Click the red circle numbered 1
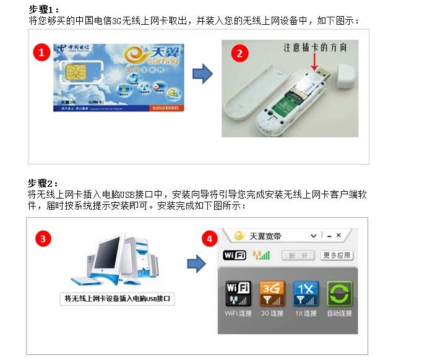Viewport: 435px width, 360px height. (41, 53)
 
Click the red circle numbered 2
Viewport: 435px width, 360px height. (239, 53)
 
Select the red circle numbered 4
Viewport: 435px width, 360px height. (211, 238)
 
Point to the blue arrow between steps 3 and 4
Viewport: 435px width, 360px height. (196, 264)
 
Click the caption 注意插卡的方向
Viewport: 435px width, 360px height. (315, 46)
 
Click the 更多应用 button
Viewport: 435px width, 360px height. (337, 255)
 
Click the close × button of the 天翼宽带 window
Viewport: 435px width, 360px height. (339, 236)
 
